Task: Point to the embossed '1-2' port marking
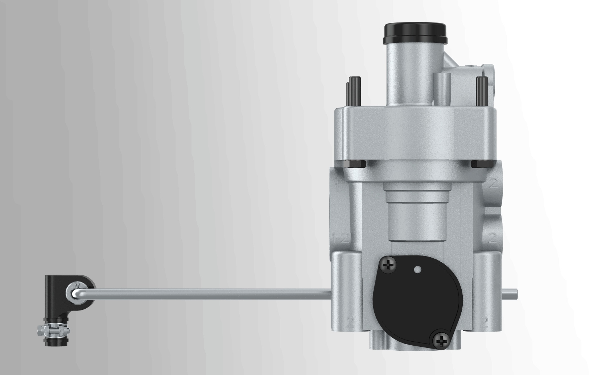coord(340,238)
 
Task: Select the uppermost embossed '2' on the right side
coord(493,184)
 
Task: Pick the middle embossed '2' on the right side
coord(492,238)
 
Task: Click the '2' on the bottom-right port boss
coord(485,320)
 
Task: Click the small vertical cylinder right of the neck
coord(443,89)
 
